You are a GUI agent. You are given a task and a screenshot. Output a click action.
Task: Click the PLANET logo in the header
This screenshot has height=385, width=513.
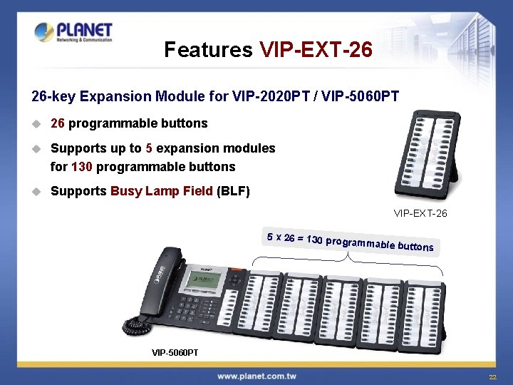73,32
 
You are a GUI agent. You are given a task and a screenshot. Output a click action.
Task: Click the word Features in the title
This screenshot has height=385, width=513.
208,50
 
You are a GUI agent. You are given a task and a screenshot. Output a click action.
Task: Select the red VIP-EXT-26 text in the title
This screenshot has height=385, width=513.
316,50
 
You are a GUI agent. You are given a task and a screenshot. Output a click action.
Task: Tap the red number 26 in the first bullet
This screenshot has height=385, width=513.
58,123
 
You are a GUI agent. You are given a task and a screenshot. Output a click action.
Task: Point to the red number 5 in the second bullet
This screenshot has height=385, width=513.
148,148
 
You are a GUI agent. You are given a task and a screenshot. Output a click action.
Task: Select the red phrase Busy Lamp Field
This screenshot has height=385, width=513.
162,191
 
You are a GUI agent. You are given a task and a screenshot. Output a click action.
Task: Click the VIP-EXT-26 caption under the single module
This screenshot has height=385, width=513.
420,213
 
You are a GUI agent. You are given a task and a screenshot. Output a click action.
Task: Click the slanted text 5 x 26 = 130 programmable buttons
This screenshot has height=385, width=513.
349,242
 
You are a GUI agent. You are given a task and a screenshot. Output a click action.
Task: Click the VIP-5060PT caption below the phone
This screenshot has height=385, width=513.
175,353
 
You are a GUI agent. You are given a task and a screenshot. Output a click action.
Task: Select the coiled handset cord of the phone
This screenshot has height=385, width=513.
138,325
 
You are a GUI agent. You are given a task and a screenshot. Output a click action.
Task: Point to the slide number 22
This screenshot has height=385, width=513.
492,376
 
